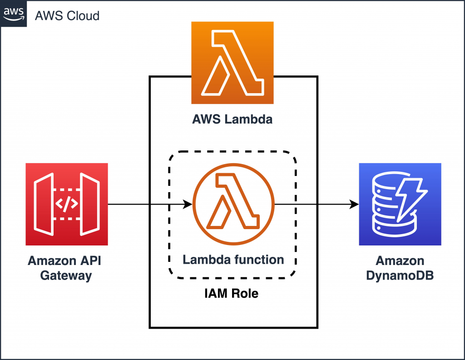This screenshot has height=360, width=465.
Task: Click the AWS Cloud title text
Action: pos(67,16)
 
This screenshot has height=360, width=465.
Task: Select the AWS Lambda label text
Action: pos(232,120)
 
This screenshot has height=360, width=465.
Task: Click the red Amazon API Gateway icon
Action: pos(67,204)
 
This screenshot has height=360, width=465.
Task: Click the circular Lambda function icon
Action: pos(234,204)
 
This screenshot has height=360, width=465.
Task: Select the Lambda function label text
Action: pos(233,260)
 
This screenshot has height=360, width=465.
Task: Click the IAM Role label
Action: pos(231,294)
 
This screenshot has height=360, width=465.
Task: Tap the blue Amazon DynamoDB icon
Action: pos(400,204)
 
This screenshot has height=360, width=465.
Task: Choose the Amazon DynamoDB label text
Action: pos(400,268)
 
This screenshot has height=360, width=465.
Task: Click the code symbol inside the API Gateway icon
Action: pos(66,205)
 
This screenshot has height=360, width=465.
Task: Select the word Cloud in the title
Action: pos(83,16)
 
